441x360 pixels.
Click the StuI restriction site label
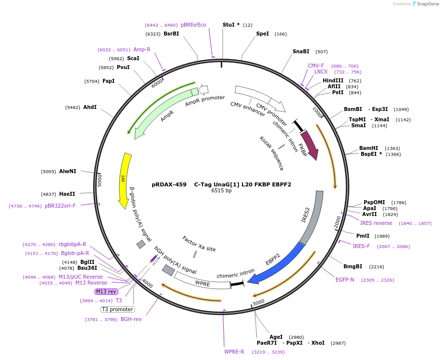(231, 25)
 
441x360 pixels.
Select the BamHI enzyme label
(369, 148)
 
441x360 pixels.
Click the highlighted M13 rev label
(106, 291)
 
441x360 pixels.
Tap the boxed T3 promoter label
(118, 309)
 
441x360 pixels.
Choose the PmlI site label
(363, 236)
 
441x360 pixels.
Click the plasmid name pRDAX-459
(169, 184)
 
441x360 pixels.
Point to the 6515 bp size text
(221, 190)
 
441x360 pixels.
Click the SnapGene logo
(425, 4)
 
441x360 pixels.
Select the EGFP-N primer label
(345, 280)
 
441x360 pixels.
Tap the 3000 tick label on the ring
(259, 302)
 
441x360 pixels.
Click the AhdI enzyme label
(90, 107)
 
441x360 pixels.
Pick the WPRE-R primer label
(234, 352)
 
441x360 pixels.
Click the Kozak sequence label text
(271, 153)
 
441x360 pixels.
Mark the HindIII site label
(333, 80)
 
